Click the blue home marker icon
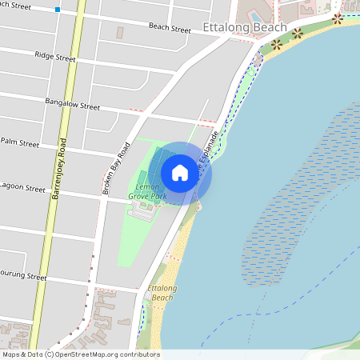(x=180, y=172)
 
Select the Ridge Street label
(x=55, y=57)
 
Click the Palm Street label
(x=20, y=144)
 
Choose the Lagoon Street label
(x=23, y=190)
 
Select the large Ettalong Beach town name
(x=245, y=27)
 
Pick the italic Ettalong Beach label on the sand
(x=162, y=293)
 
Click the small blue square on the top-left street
(x=58, y=10)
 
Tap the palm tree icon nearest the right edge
(x=338, y=18)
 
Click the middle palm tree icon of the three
(x=298, y=33)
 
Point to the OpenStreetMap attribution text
(x=80, y=354)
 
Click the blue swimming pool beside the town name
(x=257, y=16)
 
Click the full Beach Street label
(x=170, y=28)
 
